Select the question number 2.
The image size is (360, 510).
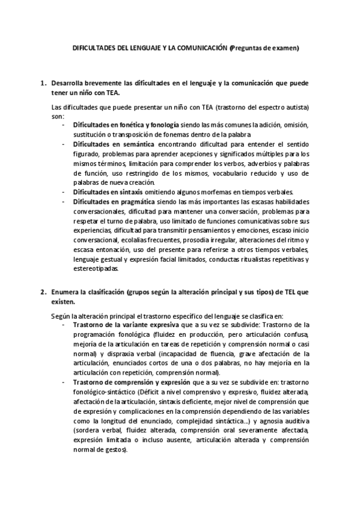coord(43,292)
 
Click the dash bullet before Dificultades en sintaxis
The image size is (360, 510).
coord(64,192)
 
